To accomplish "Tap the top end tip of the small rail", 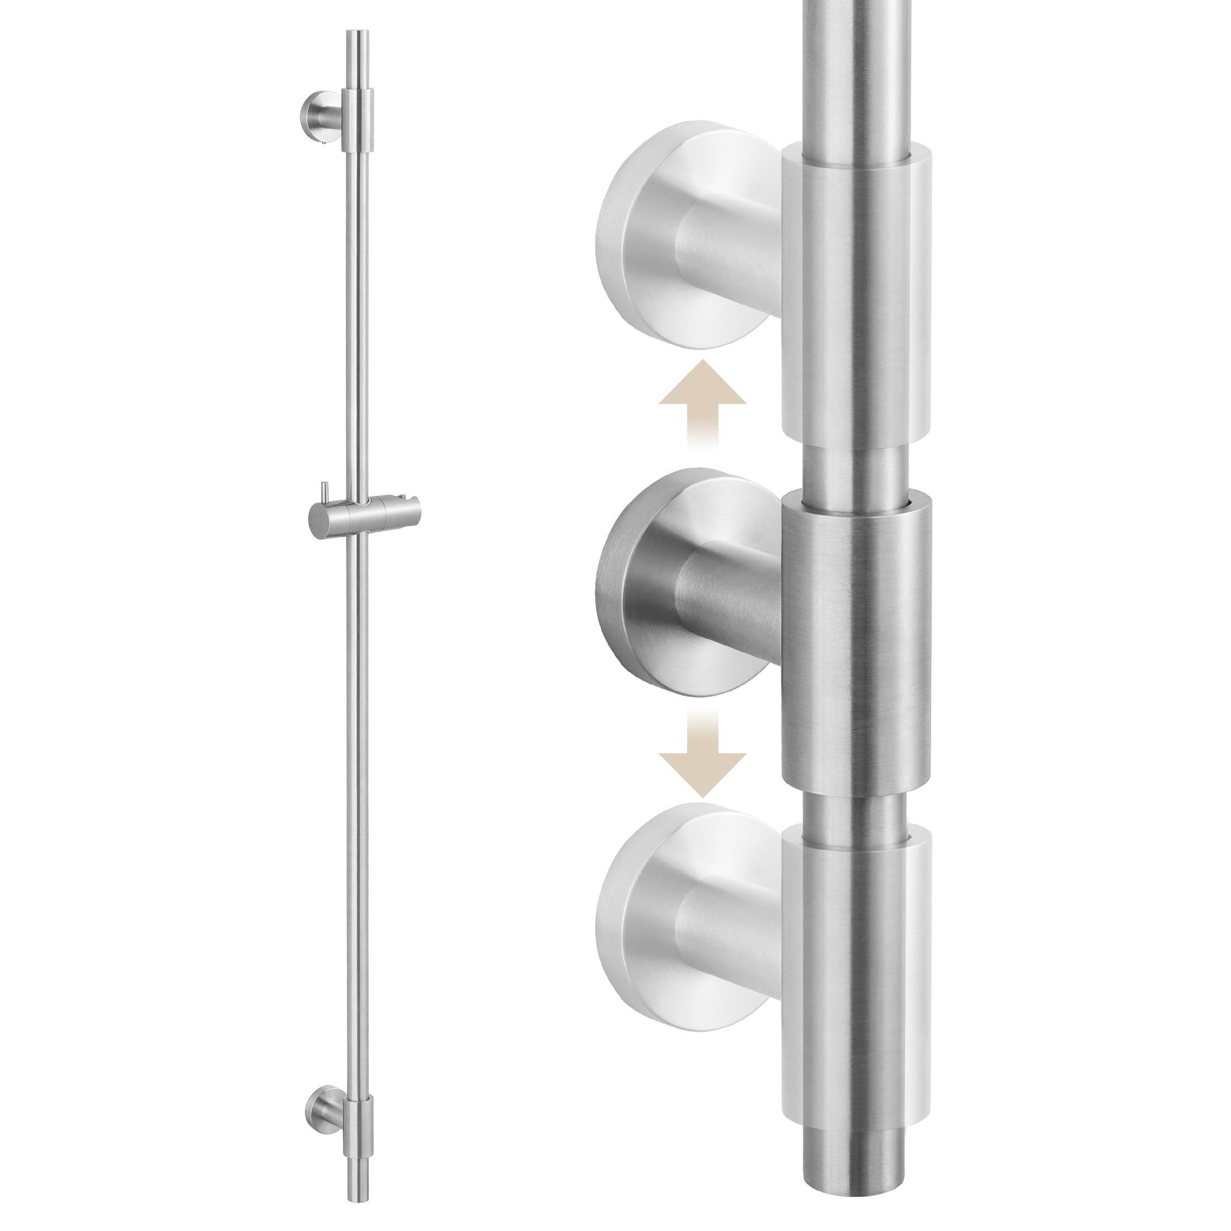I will pos(356,33).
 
